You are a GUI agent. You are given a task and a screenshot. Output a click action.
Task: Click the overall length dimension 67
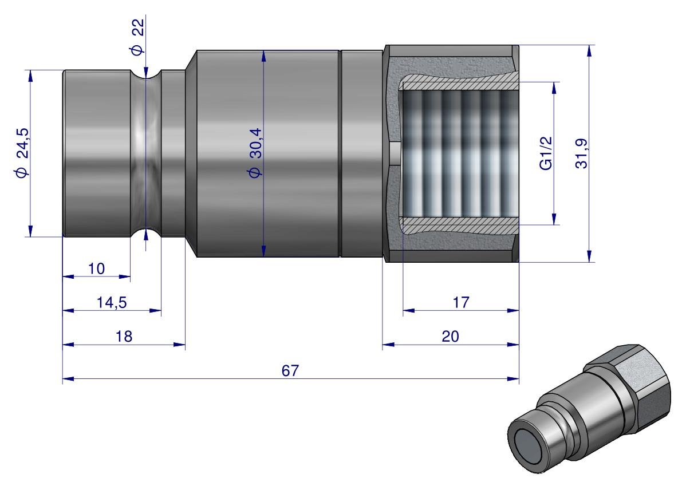click(290, 370)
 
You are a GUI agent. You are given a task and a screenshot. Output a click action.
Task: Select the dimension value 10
click(97, 268)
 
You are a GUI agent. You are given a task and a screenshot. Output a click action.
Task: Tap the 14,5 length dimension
click(112, 303)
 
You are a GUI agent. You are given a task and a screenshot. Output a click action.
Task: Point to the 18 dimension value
click(124, 337)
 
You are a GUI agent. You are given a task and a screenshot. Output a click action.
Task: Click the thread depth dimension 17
click(461, 303)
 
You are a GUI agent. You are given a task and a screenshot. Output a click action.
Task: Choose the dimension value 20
click(450, 337)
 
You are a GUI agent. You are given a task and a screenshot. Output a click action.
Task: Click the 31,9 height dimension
click(582, 153)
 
